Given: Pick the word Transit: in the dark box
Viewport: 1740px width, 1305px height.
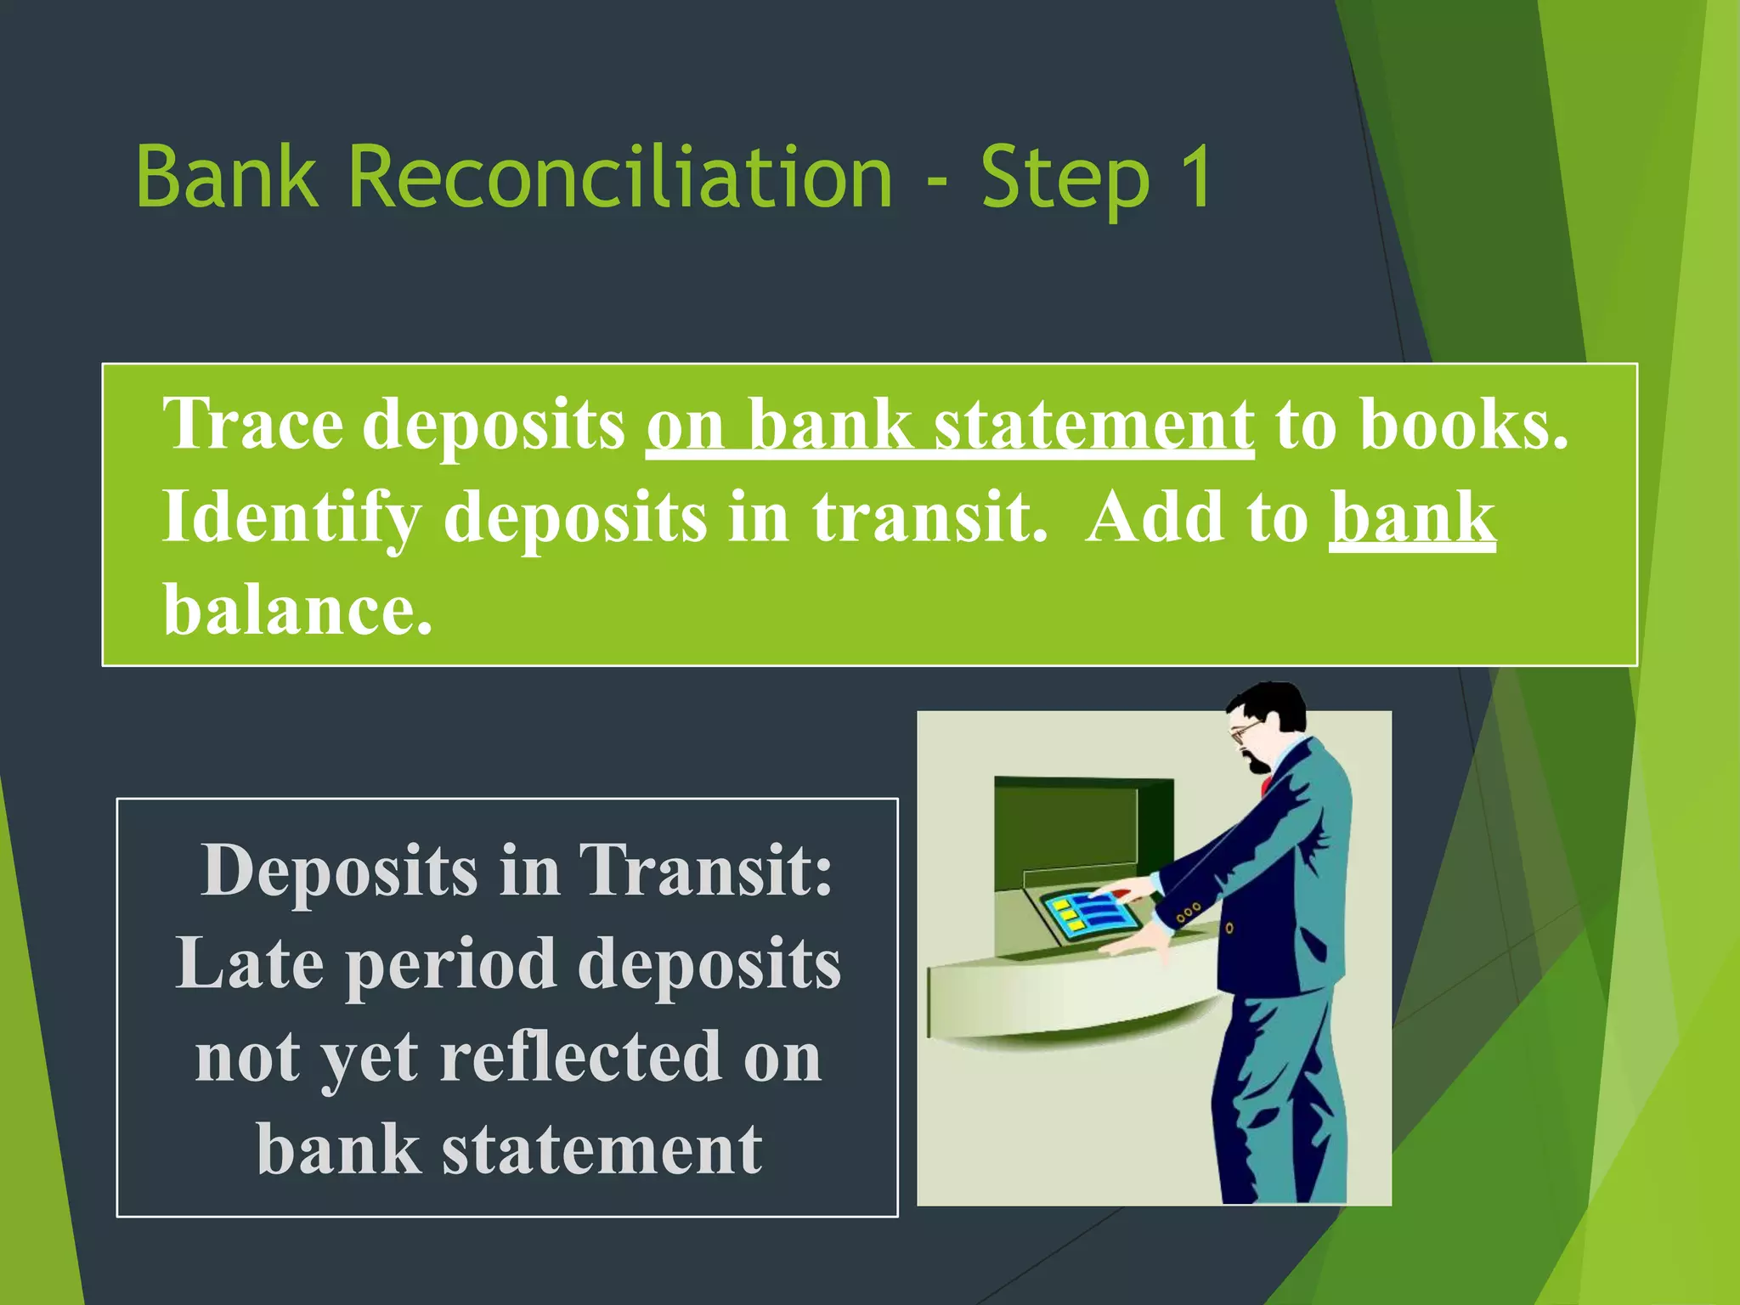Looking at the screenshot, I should (705, 870).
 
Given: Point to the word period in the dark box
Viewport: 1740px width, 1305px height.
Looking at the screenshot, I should (451, 965).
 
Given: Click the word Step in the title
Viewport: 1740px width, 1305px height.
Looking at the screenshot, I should (1066, 178).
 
